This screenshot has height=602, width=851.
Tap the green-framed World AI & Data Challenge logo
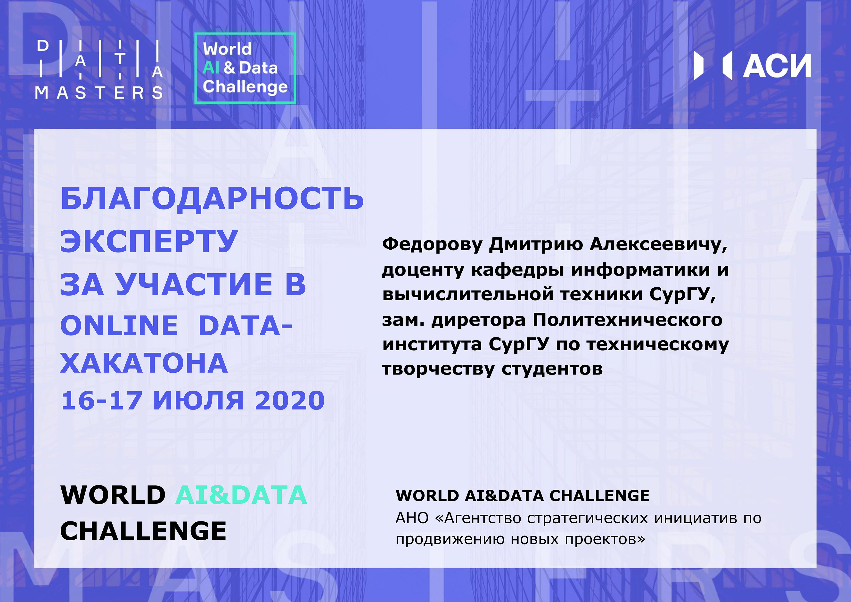[x=245, y=68]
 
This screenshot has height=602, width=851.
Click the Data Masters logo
[x=99, y=69]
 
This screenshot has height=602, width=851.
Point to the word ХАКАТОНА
[x=144, y=363]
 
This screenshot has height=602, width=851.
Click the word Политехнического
[x=628, y=320]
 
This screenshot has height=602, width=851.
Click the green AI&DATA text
[x=241, y=495]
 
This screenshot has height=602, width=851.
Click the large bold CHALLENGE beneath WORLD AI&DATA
[x=143, y=531]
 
